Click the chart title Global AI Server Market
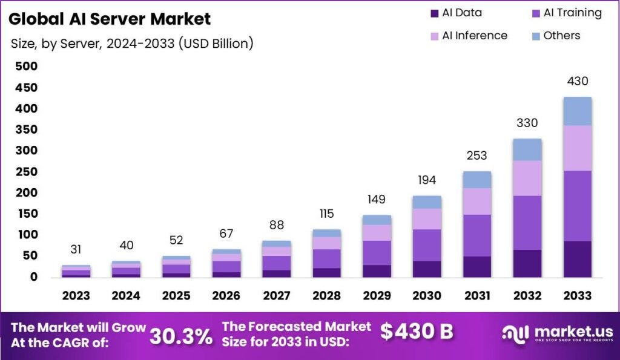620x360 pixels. (110, 19)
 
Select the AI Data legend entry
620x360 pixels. (456, 13)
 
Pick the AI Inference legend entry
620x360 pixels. (467, 36)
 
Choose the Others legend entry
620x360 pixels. (553, 36)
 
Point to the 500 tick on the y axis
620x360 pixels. (25, 67)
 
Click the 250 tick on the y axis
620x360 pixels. (25, 172)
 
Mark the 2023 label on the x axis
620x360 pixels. (76, 296)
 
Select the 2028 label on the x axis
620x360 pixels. (326, 296)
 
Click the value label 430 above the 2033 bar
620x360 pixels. (577, 81)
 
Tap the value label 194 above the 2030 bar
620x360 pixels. (427, 180)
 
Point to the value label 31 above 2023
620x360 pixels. (76, 249)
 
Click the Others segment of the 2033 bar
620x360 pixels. (577, 111)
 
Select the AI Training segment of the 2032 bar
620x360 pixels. (527, 223)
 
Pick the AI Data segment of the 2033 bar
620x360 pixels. (577, 259)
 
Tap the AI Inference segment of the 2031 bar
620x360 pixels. (477, 201)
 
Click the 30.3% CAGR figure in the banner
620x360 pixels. (181, 336)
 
